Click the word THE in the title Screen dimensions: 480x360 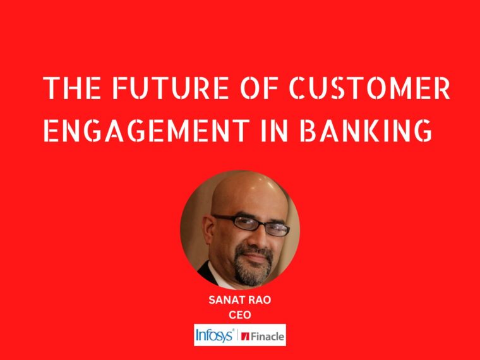[x=72, y=88]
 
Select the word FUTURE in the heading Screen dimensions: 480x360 [x=171, y=88]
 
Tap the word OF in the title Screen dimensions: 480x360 [x=259, y=88]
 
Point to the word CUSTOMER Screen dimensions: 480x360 [x=369, y=88]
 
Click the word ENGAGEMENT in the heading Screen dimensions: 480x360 [x=147, y=130]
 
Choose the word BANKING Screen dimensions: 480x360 [x=366, y=130]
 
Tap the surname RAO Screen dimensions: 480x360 [x=260, y=300]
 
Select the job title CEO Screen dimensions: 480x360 [x=240, y=315]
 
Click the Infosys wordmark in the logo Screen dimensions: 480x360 [x=215, y=335]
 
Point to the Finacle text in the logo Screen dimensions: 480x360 [x=268, y=337]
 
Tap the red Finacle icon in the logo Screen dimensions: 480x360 [x=246, y=337]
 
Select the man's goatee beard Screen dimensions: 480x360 [x=253, y=265]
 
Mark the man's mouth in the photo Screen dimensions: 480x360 [x=256, y=256]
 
